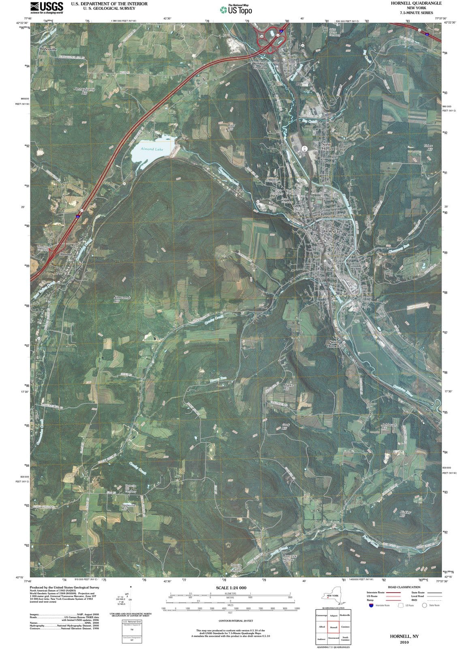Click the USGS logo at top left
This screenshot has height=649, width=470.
47,7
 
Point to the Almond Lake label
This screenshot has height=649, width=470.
152,149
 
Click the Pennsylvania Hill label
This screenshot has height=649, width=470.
84,91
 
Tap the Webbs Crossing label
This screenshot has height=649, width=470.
260,66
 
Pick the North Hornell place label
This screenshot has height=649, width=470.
327,146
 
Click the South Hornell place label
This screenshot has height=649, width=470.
334,344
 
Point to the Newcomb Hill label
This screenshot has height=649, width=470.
122,299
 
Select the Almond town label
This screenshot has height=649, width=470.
66,254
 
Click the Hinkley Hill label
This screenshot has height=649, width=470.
405,514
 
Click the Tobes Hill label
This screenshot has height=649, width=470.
428,147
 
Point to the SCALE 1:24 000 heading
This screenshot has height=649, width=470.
231,588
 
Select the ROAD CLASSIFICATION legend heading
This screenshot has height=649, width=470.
404,587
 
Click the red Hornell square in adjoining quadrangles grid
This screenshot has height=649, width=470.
333,627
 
